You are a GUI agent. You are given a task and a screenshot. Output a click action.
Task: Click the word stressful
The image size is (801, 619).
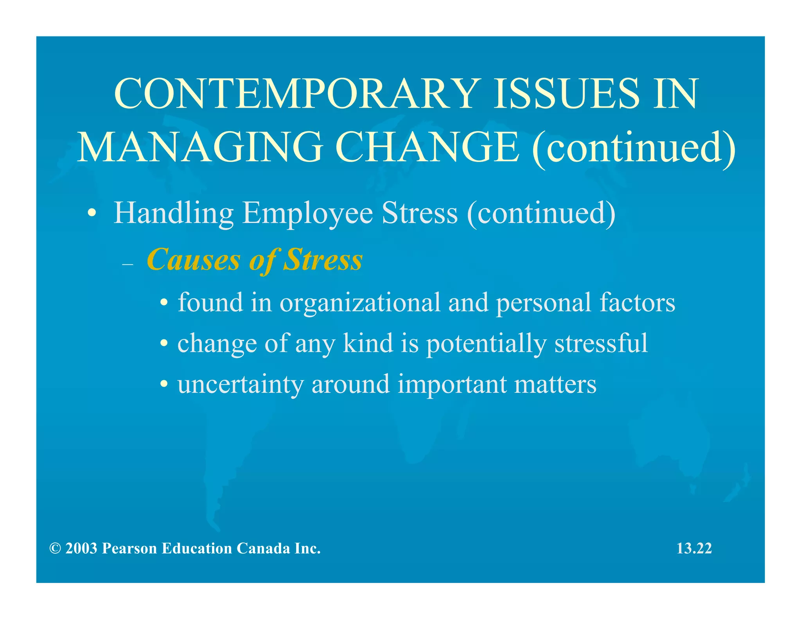(x=601, y=343)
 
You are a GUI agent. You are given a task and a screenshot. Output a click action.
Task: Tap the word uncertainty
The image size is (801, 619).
(x=241, y=384)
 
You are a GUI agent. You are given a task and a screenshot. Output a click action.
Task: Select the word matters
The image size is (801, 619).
(x=555, y=384)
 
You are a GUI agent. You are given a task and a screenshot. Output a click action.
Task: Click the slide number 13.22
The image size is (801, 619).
(x=694, y=548)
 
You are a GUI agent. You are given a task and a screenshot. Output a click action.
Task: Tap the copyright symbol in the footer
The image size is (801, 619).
(x=55, y=549)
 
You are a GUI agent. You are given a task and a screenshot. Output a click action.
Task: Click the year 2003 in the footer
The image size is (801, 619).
(x=81, y=549)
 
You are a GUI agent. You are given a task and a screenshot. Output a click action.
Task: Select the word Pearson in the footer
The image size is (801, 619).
(x=129, y=549)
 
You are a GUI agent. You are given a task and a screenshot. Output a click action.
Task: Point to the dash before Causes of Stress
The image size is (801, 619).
(x=128, y=265)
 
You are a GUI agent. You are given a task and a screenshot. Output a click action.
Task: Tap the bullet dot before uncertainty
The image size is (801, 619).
(x=164, y=385)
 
